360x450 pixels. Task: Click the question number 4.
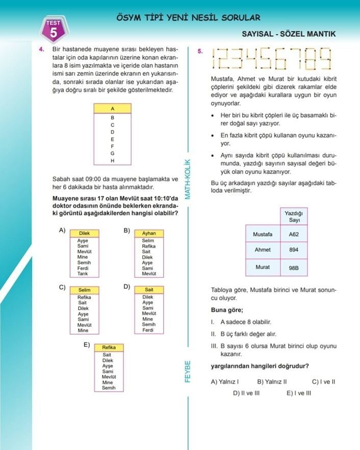pos(41,50)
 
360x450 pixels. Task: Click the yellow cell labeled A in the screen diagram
pos(112,109)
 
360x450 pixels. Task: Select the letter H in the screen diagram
pos(112,161)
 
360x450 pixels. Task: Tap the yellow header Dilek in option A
pos(84,233)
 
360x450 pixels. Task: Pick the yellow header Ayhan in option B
pos(149,233)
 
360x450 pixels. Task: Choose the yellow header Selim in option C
pos(84,290)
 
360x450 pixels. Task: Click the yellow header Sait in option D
pos(149,290)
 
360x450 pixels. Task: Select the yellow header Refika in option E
pos(109,347)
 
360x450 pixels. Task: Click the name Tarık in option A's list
pos(82,274)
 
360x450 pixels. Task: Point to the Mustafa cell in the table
pos(263,234)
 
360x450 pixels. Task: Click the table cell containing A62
pos(294,234)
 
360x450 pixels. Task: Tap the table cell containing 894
pos(294,250)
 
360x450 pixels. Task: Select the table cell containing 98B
pos(294,267)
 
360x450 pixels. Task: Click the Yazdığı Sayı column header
pos(294,216)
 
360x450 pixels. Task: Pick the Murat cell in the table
pos(263,267)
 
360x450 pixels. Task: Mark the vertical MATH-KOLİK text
pos(188,179)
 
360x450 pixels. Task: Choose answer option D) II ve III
pos(246,393)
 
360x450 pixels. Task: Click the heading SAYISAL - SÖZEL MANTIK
pos(289,34)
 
